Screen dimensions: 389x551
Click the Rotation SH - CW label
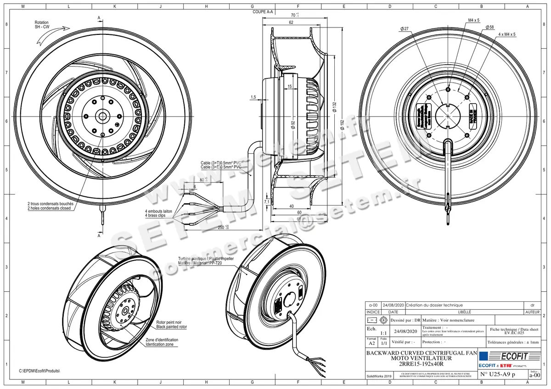pyautogui.click(x=41, y=25)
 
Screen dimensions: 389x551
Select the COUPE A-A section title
pyautogui.click(x=263, y=13)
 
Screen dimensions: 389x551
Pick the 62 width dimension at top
pyautogui.click(x=291, y=22)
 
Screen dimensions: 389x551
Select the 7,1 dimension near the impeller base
pyautogui.click(x=267, y=201)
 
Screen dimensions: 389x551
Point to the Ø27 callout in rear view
pyautogui.click(x=404, y=28)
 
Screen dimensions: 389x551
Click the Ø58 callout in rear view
pyautogui.click(x=489, y=28)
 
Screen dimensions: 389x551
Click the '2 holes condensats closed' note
pyautogui.click(x=49, y=208)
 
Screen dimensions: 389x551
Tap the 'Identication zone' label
pyautogui.click(x=159, y=344)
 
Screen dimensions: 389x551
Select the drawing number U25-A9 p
pyautogui.click(x=498, y=375)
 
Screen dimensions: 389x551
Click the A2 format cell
pyautogui.click(x=371, y=342)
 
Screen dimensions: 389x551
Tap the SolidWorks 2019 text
pyautogui.click(x=379, y=376)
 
